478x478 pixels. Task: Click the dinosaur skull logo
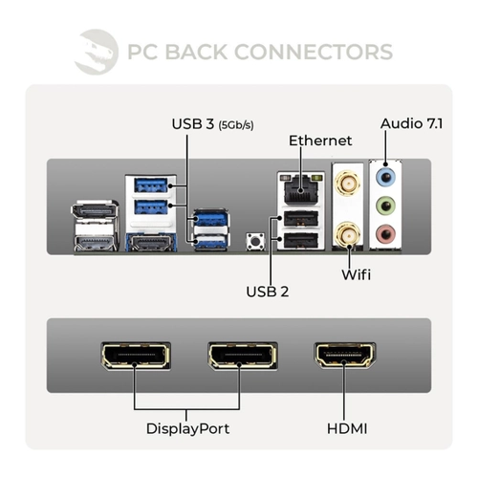click(97, 52)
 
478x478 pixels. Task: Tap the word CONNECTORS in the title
click(314, 52)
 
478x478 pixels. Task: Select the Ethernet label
click(320, 141)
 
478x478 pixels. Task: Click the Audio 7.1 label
click(411, 123)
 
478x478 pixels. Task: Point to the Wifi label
click(357, 274)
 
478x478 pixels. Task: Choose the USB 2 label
click(268, 292)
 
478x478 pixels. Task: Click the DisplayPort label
click(187, 429)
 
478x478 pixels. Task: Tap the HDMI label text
click(347, 428)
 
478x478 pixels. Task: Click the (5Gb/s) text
click(236, 125)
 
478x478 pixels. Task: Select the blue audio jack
click(385, 177)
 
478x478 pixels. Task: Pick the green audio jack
click(385, 206)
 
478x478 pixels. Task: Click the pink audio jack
click(385, 234)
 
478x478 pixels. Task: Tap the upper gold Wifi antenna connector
click(347, 184)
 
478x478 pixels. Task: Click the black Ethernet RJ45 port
click(301, 189)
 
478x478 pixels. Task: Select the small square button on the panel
click(255, 241)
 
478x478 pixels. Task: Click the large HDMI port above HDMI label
click(345, 356)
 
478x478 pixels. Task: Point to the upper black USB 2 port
click(300, 219)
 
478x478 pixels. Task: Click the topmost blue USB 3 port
click(151, 185)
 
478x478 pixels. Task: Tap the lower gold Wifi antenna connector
click(347, 235)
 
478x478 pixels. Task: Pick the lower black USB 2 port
click(300, 241)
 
